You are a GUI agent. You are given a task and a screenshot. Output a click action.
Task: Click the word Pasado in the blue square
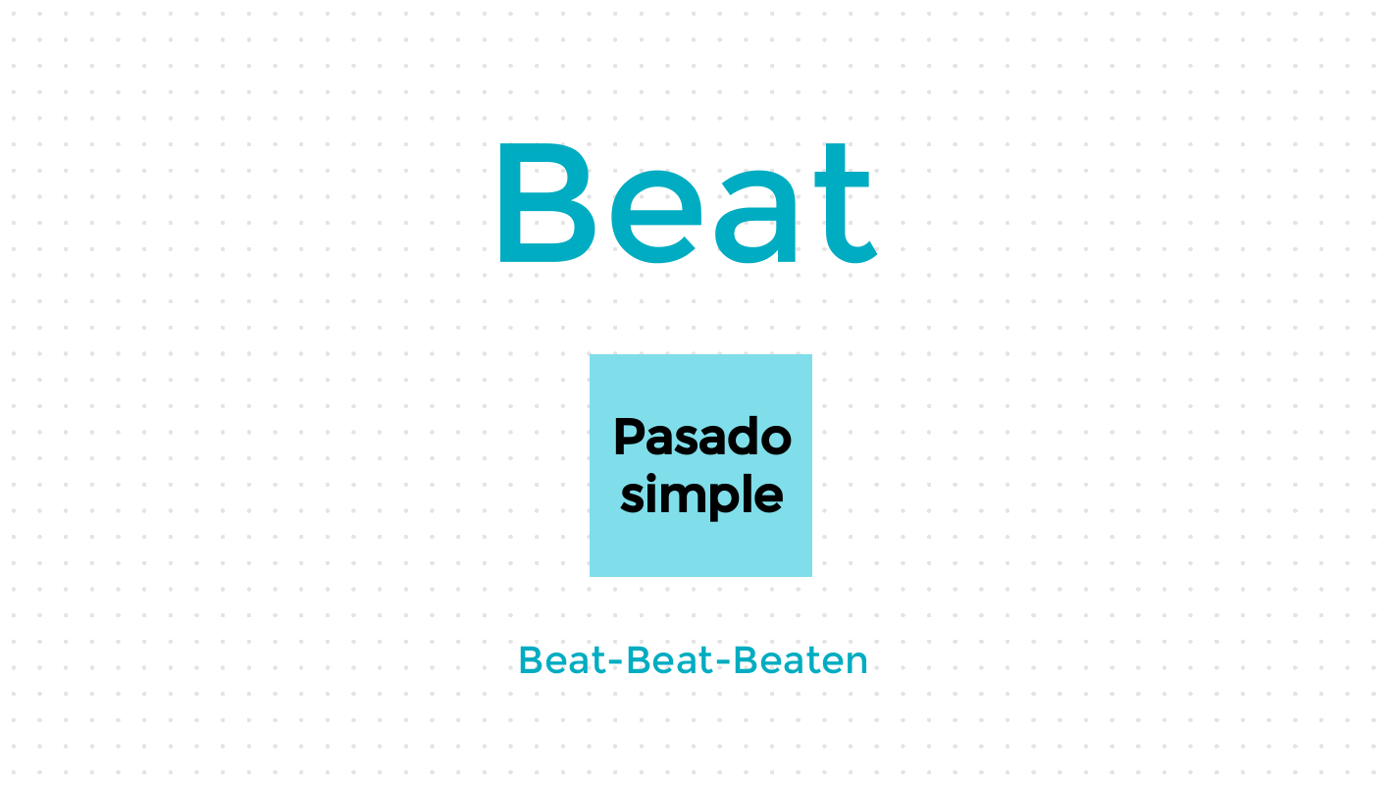[701, 437]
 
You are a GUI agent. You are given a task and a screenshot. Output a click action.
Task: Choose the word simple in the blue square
[701, 495]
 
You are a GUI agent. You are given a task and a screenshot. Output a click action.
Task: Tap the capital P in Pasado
[628, 437]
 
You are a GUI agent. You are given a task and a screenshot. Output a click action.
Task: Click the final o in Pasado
[775, 440]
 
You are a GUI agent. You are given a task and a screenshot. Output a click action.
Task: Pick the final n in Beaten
[856, 663]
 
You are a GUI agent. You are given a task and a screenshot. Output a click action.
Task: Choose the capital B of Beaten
[746, 660]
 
